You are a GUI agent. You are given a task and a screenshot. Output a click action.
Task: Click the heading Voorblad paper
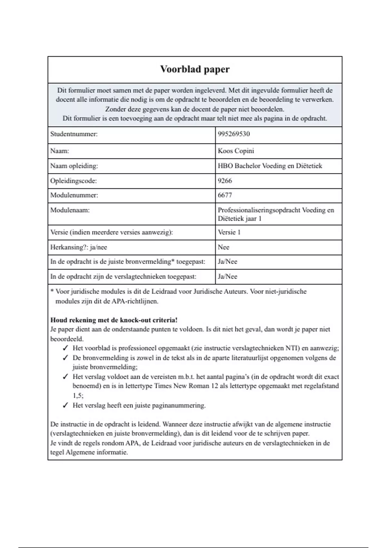(195, 69)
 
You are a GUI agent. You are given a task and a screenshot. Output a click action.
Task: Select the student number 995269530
(234, 134)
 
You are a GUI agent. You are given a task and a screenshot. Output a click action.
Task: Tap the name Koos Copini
(236, 151)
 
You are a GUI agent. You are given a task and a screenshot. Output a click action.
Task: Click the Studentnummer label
(74, 134)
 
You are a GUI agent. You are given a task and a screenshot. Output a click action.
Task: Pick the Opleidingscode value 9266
(225, 181)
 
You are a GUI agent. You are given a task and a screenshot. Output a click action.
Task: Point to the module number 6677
(225, 195)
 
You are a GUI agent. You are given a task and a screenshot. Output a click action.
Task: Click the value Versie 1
(229, 232)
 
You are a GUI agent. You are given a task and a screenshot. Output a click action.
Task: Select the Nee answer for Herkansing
(223, 247)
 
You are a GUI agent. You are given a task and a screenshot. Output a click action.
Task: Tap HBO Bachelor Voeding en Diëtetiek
(270, 166)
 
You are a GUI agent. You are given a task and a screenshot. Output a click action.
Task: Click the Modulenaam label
(70, 210)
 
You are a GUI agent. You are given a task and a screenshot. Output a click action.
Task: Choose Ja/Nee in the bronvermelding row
(227, 262)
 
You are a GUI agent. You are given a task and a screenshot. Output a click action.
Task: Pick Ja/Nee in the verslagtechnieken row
(227, 277)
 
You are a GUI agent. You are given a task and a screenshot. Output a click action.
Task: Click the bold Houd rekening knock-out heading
(114, 320)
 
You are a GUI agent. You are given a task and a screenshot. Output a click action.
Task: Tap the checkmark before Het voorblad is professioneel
(65, 348)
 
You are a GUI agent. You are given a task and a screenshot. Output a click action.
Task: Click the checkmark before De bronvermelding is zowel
(65, 358)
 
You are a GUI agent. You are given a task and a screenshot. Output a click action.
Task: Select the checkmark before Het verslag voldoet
(65, 377)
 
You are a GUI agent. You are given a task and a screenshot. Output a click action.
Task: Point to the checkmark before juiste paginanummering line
(65, 406)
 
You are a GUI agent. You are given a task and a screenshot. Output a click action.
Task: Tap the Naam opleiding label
(74, 166)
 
